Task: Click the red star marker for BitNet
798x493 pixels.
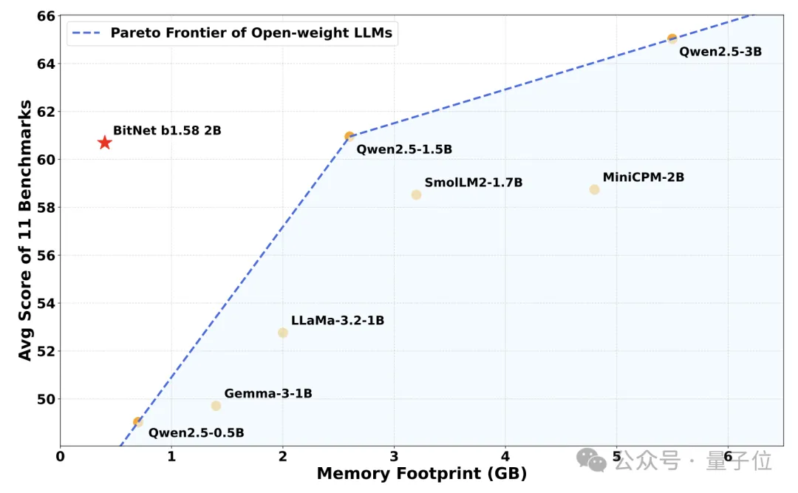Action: pyautogui.click(x=105, y=143)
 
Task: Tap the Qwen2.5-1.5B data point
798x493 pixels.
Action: pyautogui.click(x=349, y=136)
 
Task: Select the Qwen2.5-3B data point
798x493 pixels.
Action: pyautogui.click(x=672, y=38)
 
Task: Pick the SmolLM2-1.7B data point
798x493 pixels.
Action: pyautogui.click(x=416, y=195)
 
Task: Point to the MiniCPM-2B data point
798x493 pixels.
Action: pyautogui.click(x=594, y=190)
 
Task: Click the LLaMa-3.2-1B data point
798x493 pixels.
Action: pyautogui.click(x=283, y=333)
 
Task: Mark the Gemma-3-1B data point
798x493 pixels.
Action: pyautogui.click(x=216, y=406)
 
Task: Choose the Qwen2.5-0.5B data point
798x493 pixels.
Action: pyautogui.click(x=138, y=422)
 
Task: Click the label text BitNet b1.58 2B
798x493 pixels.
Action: pyautogui.click(x=167, y=131)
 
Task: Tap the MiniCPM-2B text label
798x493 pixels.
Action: pyautogui.click(x=644, y=177)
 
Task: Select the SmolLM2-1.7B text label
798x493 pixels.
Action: pyautogui.click(x=474, y=183)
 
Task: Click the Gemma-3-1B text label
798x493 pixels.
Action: pyautogui.click(x=268, y=394)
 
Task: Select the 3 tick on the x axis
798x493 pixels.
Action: pyautogui.click(x=394, y=457)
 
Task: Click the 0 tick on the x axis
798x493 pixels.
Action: pyautogui.click(x=61, y=457)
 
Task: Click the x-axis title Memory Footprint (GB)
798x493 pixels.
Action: pyautogui.click(x=422, y=474)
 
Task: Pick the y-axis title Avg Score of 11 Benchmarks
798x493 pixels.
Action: pyautogui.click(x=25, y=231)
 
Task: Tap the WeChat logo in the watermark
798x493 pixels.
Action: pyautogui.click(x=592, y=460)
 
